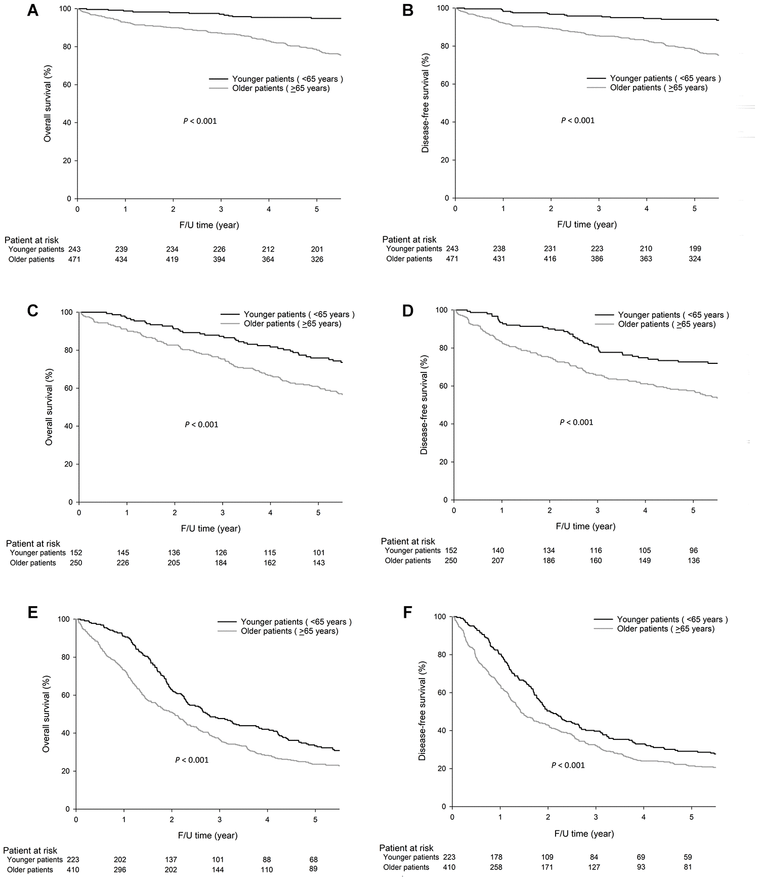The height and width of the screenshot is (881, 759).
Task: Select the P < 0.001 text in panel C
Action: coord(201,425)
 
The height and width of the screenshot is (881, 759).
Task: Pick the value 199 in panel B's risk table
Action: coord(695,249)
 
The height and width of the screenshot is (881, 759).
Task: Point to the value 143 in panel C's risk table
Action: coord(318,563)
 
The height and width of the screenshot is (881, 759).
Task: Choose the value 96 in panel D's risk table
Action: coord(693,551)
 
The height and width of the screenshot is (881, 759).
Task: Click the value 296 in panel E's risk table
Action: coord(120,870)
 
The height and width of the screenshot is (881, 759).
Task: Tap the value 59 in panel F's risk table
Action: coord(687,857)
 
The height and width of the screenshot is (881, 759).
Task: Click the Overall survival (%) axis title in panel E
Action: coord(46,714)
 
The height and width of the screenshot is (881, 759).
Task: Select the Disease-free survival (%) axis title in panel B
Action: coord(425,103)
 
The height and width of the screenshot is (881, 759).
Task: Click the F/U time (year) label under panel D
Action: coord(585,526)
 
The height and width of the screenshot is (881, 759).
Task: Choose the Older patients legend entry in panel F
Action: coord(665,629)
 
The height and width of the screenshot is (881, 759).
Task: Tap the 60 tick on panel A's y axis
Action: coord(67,85)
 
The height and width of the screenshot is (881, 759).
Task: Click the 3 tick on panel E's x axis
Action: coord(220,819)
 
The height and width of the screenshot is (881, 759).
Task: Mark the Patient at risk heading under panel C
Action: coord(33,544)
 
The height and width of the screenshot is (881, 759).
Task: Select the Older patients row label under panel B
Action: coord(409,259)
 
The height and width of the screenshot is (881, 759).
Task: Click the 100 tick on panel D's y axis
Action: coord(441,310)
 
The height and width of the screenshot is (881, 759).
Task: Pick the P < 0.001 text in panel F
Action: coord(568,765)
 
